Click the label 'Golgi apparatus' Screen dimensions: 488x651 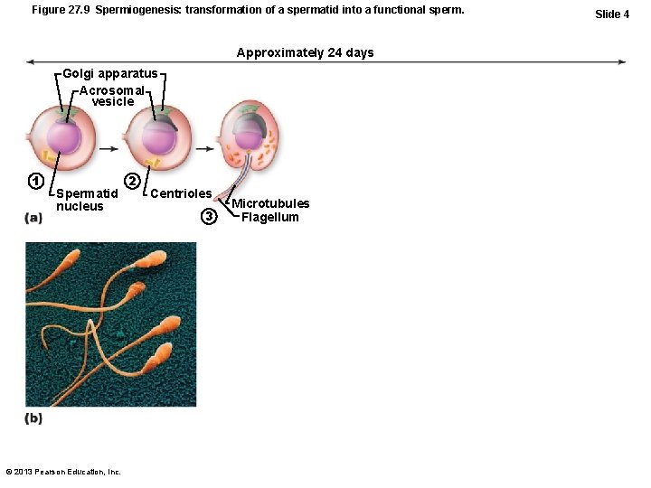tap(109, 73)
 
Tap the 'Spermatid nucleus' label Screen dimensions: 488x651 tap(86, 200)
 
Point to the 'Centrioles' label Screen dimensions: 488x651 tap(181, 193)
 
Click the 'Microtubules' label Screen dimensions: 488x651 tap(270, 203)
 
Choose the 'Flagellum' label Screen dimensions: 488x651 tap(269, 217)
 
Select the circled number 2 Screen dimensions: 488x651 tap(132, 180)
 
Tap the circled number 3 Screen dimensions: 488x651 tap(210, 216)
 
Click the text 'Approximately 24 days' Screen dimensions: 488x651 tap(305, 52)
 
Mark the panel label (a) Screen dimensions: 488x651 tap(33, 218)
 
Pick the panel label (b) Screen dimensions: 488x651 tap(33, 418)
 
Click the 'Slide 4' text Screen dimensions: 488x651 tap(612, 14)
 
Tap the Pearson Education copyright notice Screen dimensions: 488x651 tap(63, 472)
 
